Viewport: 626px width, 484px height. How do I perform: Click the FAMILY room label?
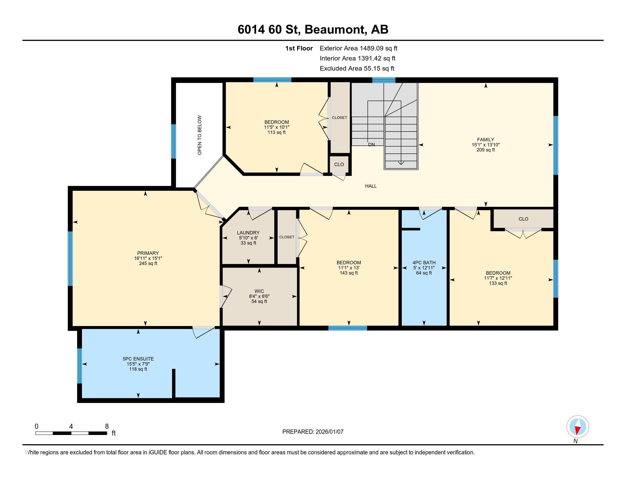[485, 140]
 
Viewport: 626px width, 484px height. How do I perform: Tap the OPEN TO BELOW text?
[199, 135]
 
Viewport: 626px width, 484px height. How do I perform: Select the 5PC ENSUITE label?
[138, 359]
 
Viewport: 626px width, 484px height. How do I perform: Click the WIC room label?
[259, 291]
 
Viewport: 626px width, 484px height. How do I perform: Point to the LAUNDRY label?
[248, 233]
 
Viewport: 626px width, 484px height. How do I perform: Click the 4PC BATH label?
[424, 262]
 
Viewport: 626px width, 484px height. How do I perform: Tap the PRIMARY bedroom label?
[148, 253]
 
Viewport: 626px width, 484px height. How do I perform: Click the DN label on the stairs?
[371, 145]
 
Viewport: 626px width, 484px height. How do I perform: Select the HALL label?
[370, 186]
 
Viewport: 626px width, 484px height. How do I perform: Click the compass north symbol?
[578, 427]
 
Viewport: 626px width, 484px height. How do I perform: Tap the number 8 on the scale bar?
[107, 426]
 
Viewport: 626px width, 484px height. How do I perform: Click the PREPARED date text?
[313, 432]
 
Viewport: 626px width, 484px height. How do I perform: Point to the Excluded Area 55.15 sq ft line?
[357, 68]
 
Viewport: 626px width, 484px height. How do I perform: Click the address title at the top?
[313, 29]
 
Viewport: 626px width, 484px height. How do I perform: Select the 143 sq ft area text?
[349, 273]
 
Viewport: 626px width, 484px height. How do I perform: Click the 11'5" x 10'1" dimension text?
[277, 127]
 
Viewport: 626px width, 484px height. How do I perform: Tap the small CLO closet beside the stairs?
[339, 164]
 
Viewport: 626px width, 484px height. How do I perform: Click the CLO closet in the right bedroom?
[523, 219]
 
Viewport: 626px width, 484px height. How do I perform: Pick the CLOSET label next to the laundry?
[287, 237]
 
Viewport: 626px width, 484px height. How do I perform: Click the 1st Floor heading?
[299, 48]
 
